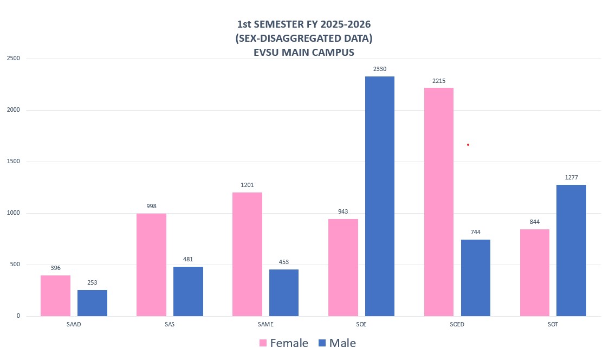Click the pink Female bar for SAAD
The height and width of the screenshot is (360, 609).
click(55, 295)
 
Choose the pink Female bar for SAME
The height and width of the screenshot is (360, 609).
click(247, 254)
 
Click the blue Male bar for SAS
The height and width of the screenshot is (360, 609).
click(188, 291)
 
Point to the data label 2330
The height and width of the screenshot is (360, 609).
click(380, 69)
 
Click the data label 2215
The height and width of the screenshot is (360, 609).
click(439, 80)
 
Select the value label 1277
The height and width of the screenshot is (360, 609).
click(571, 177)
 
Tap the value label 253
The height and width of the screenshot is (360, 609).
click(92, 282)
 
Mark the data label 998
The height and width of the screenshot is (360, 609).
click(151, 206)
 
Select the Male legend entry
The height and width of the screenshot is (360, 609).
click(336, 343)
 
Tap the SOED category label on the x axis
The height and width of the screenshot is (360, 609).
click(457, 324)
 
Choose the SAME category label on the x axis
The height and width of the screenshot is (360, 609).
click(265, 324)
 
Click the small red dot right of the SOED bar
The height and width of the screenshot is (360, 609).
click(468, 145)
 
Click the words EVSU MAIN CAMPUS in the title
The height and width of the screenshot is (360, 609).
click(304, 53)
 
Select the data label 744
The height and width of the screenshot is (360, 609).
click(475, 232)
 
